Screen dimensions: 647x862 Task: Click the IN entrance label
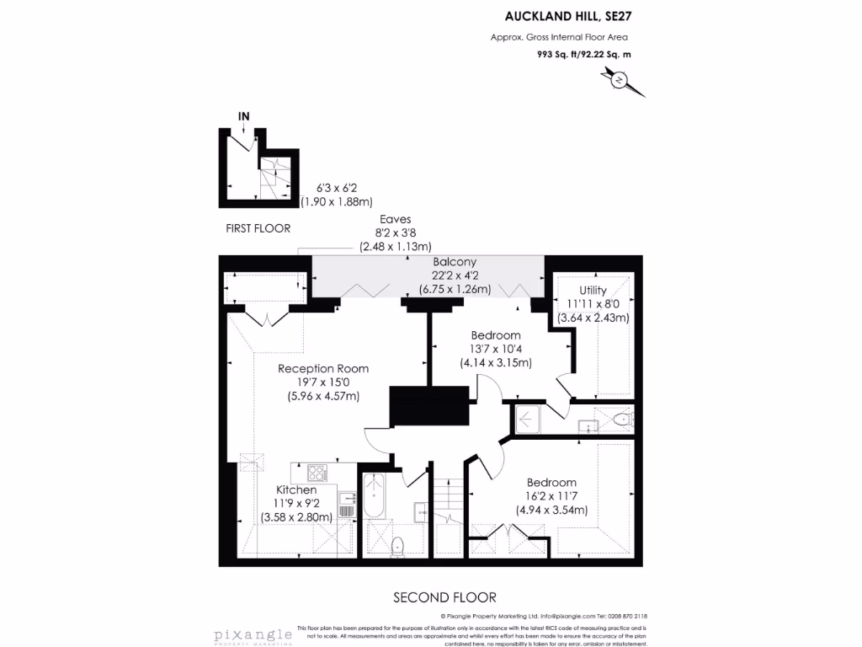(x=244, y=115)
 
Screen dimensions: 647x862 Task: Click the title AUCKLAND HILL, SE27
(x=569, y=15)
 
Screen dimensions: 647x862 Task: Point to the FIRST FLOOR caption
(x=258, y=228)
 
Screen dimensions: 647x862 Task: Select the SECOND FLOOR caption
(x=444, y=597)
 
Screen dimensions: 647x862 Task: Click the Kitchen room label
(x=296, y=489)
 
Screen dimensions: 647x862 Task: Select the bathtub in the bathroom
(x=375, y=498)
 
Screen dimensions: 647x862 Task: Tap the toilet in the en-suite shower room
(x=621, y=419)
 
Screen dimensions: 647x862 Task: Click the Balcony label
(x=455, y=262)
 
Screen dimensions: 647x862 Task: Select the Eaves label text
(x=395, y=220)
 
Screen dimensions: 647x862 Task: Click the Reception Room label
(x=323, y=368)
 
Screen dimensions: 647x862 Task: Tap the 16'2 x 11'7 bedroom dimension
(x=551, y=496)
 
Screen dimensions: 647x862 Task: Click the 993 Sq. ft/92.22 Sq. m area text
(x=584, y=54)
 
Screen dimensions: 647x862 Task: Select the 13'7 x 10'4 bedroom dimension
(x=496, y=349)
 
